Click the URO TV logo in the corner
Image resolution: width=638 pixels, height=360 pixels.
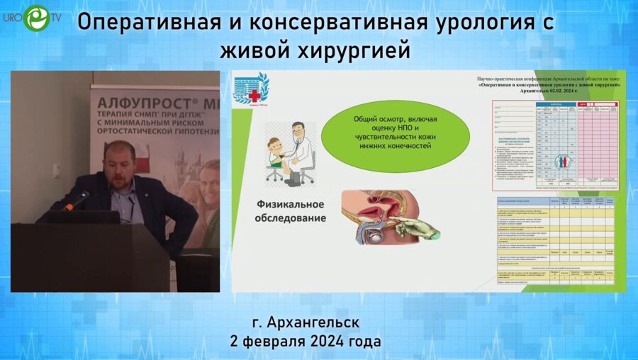tap(35, 17)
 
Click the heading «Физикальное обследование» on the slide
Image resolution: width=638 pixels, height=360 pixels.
tap(291, 210)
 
